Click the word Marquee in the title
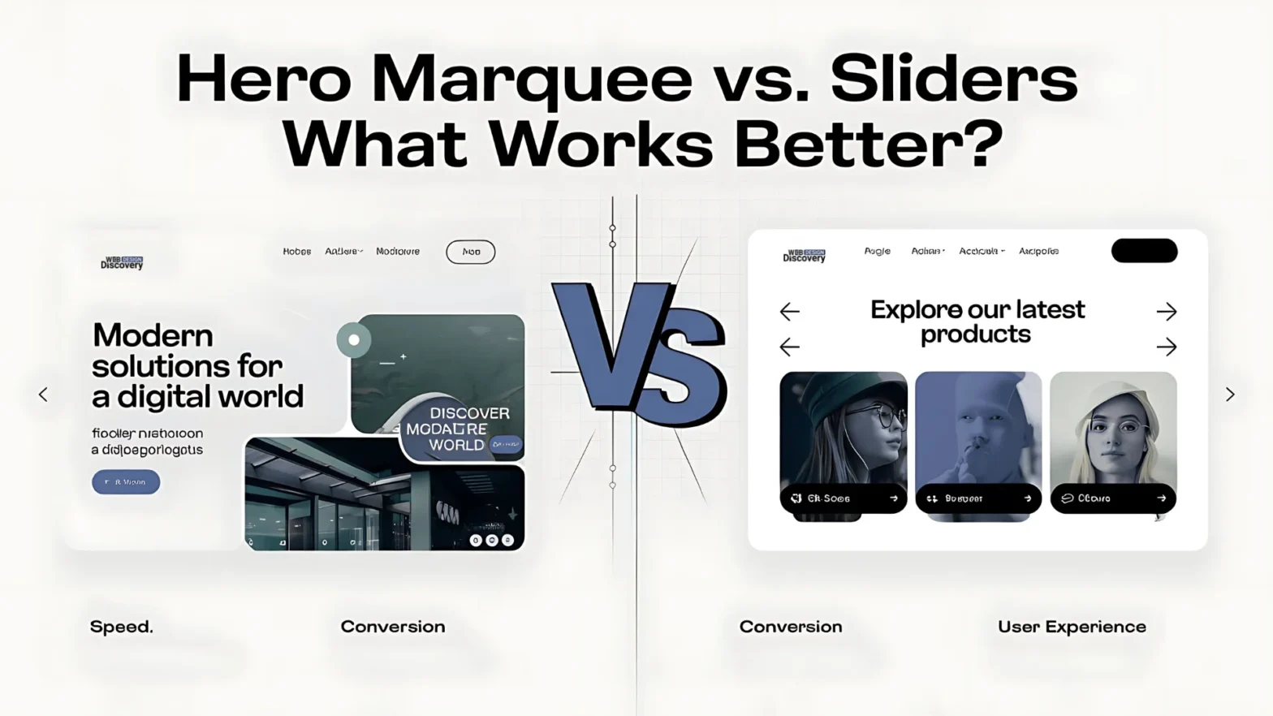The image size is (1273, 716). (x=532, y=80)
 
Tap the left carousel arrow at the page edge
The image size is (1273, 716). (x=43, y=395)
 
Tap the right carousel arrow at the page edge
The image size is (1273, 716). (x=1230, y=395)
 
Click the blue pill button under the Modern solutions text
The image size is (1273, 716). (x=126, y=482)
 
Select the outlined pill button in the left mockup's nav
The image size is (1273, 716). (x=471, y=252)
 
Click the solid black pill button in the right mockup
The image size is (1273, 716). (x=1144, y=251)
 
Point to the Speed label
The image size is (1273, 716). (x=121, y=627)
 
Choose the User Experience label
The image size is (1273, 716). (x=1072, y=627)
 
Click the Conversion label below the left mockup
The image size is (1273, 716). (x=393, y=627)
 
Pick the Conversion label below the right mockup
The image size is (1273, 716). (x=791, y=627)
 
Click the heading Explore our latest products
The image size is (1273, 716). (x=977, y=321)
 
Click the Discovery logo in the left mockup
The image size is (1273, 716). (x=122, y=262)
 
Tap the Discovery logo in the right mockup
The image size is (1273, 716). (x=804, y=256)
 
